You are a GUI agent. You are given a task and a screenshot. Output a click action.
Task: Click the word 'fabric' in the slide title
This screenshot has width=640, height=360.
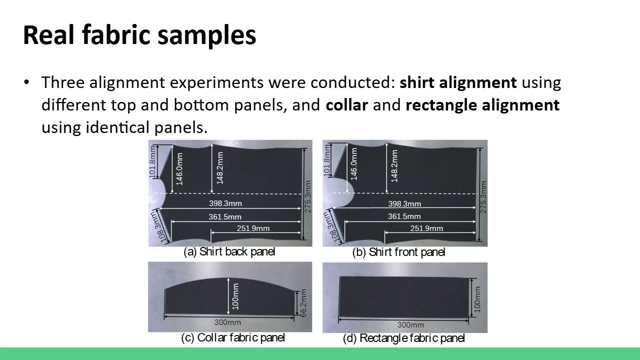point(116,35)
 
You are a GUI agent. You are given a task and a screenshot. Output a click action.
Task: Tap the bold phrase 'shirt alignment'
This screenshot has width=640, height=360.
point(458,82)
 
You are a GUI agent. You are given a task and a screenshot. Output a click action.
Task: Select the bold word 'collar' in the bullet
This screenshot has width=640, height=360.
point(346,105)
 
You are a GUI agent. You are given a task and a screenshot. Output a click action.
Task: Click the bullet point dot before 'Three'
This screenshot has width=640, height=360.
point(27,82)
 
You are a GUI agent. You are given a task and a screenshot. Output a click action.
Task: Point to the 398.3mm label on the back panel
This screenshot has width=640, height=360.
point(225,203)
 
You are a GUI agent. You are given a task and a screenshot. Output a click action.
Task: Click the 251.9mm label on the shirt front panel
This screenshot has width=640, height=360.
point(426,228)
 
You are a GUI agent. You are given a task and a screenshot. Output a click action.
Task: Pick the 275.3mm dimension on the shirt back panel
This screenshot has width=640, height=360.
point(307,196)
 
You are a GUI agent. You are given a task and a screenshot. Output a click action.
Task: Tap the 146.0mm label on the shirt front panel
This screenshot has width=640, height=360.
point(353,164)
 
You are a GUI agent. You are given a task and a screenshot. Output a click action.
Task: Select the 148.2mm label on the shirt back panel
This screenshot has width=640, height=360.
point(219,168)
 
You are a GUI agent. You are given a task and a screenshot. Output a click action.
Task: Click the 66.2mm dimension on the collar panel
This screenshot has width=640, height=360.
point(303,303)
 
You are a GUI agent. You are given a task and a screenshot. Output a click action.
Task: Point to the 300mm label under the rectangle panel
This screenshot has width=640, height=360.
point(410,325)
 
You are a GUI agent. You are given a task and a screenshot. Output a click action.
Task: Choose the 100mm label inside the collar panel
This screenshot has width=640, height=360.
point(235,296)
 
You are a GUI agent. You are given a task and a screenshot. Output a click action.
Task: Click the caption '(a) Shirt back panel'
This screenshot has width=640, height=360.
point(229,251)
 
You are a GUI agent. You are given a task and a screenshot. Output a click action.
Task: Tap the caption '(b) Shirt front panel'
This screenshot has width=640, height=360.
point(398,252)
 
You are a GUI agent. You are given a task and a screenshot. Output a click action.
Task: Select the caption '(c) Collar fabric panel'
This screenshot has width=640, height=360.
point(233,337)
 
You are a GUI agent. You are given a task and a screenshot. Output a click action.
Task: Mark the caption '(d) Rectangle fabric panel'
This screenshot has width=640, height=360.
point(403,338)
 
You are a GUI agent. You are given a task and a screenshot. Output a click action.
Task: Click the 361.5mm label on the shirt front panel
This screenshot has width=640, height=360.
point(404,216)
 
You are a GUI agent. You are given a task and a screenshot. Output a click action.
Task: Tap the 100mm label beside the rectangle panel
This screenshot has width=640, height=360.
point(477,299)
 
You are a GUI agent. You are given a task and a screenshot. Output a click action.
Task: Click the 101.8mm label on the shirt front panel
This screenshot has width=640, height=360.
point(327,160)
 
